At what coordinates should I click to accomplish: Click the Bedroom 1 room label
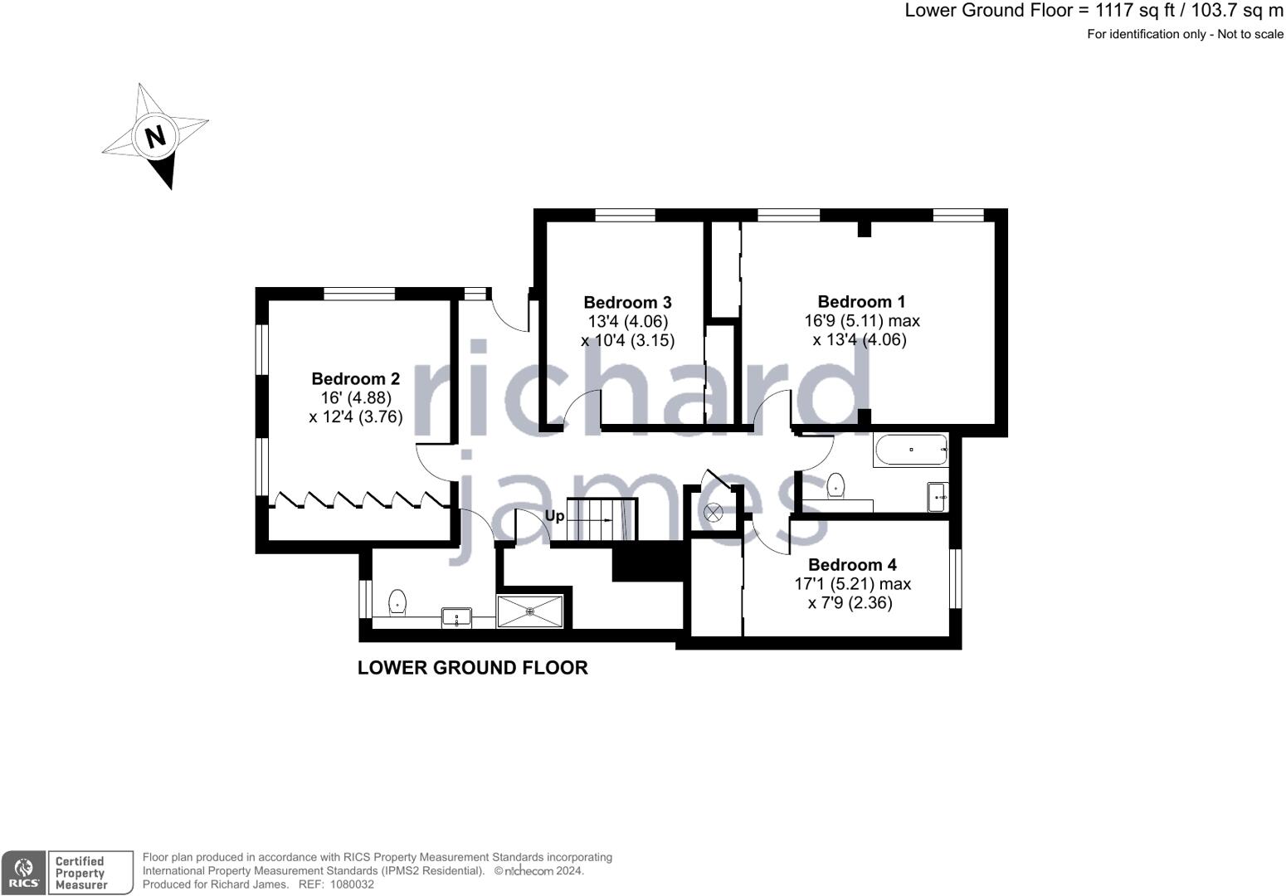tap(861, 301)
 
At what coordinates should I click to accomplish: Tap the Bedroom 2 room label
tap(355, 378)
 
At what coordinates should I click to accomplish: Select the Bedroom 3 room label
tap(627, 302)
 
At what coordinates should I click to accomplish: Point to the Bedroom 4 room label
tap(853, 564)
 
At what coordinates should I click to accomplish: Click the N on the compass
tap(155, 137)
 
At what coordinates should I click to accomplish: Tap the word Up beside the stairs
tap(554, 516)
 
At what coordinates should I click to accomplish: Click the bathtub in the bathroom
tap(910, 450)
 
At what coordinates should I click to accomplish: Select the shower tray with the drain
tap(530, 611)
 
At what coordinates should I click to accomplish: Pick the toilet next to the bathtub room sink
tap(836, 486)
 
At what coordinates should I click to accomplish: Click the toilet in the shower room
tap(397, 602)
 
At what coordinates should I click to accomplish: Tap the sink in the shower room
tap(456, 617)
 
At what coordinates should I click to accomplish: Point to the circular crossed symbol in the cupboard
tap(713, 512)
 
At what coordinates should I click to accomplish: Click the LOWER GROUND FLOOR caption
tap(472, 668)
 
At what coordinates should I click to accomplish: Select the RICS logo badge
tap(23, 873)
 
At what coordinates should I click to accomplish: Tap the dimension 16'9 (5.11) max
tap(862, 320)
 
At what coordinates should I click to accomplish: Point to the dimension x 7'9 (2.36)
tap(850, 602)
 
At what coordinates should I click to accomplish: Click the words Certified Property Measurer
tap(80, 873)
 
